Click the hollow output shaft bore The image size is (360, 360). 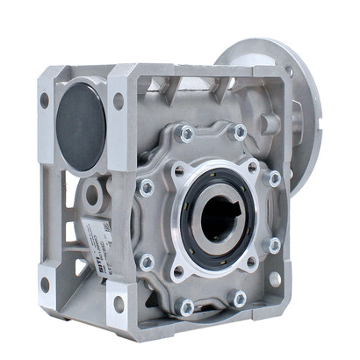coord(215,216)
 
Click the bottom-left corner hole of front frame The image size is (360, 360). coord(45,285)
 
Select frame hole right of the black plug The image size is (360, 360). coord(119,101)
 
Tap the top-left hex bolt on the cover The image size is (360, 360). coord(186,133)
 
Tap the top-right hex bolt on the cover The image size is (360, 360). coord(239,132)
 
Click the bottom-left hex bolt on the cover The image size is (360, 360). coord(186,306)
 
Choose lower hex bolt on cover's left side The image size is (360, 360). coord(147,262)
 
